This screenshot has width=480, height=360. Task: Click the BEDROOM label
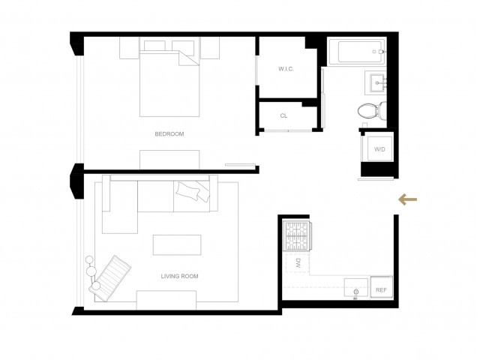click(169, 134)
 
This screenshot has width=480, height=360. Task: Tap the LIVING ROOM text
click(180, 276)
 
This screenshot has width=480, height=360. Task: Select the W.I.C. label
click(286, 69)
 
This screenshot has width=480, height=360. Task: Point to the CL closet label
click(283, 115)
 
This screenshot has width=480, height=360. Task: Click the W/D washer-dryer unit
click(380, 149)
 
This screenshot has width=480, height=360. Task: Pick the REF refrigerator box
click(382, 286)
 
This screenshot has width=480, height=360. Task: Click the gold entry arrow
click(407, 199)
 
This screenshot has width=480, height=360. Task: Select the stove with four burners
click(297, 235)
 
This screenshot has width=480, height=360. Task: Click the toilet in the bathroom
click(372, 111)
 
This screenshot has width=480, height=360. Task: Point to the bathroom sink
click(376, 82)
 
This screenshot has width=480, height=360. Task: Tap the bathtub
click(357, 52)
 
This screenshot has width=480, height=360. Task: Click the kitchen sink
click(355, 288)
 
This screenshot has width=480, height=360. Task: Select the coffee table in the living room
click(177, 245)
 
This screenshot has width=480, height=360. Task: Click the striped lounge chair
click(110, 278)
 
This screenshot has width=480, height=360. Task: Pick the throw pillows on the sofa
click(193, 190)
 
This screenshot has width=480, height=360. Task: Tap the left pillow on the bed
click(154, 46)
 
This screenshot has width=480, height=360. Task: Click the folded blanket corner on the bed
click(188, 58)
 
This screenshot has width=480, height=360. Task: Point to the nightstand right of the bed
click(210, 48)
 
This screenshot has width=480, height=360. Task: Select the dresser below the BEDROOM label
click(169, 160)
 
